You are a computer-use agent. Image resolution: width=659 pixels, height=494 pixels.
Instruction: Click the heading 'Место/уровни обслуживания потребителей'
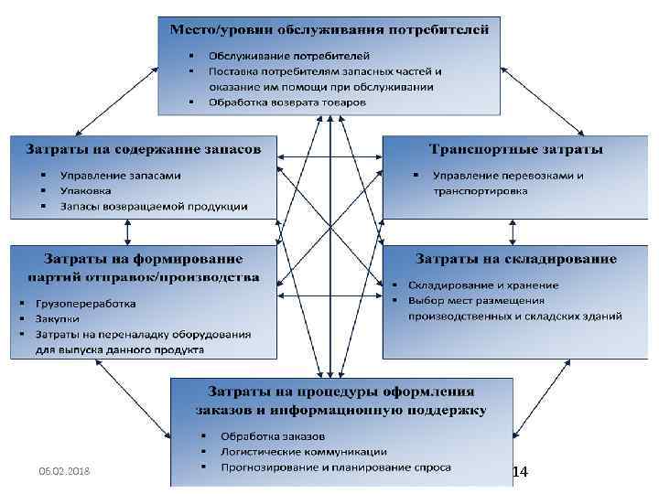pos(329,28)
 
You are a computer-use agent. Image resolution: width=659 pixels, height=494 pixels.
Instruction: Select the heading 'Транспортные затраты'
pos(515,148)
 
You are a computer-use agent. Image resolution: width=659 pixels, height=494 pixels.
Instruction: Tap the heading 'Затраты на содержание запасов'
pos(142,148)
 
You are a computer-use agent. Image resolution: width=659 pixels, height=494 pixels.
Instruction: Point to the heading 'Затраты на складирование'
pos(515,258)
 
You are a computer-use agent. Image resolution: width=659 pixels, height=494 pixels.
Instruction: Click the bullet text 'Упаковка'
pos(85,190)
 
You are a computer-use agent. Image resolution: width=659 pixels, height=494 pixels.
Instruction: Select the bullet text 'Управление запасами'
pos(120,175)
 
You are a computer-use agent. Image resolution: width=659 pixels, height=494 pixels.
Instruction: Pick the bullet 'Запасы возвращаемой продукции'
pos(153,206)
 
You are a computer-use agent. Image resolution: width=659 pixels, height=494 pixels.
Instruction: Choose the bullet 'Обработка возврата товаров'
pos(287,102)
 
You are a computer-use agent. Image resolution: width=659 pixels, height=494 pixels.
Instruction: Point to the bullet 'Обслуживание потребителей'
pos(289,56)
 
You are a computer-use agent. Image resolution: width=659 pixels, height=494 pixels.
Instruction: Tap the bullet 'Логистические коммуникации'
pos(303,450)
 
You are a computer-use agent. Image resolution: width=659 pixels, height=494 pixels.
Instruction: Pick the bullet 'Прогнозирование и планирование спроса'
pos(335,467)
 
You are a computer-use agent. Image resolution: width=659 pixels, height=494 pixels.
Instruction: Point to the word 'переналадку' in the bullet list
pos(134,334)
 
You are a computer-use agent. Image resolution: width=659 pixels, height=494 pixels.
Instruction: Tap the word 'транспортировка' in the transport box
pos(480,191)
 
